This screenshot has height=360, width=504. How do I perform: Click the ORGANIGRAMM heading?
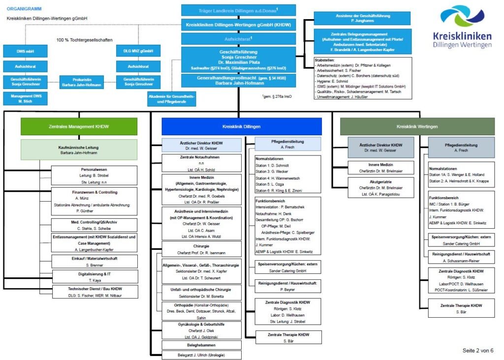pyautogui.click(x=24, y=9)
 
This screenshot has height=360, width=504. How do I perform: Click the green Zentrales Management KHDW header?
pyautogui.click(x=79, y=126)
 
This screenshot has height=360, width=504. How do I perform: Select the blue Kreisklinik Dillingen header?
pyautogui.click(x=241, y=126)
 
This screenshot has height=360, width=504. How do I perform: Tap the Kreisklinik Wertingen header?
pyautogui.click(x=417, y=126)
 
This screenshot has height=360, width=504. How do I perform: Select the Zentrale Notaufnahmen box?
pyautogui.click(x=202, y=163)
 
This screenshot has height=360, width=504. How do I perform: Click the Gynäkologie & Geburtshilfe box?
pyautogui.click(x=202, y=330)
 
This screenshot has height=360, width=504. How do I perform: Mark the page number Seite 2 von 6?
pyautogui.click(x=477, y=350)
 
